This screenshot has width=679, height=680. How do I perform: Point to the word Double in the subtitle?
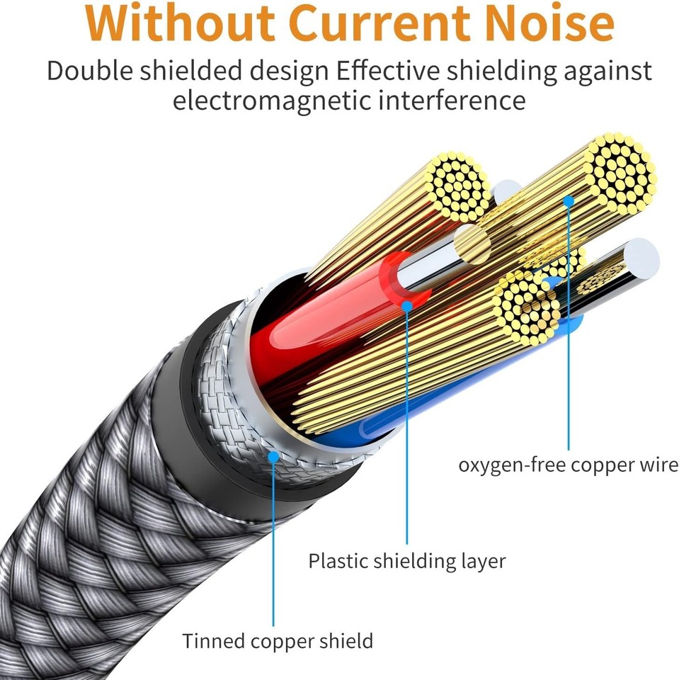pos(90,72)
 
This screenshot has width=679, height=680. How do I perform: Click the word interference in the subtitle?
pos(452,100)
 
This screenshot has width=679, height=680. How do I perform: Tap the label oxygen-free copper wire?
pos(568,465)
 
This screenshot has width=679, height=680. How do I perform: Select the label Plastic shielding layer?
pos(406,561)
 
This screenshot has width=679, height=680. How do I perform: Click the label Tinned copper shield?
pos(277,641)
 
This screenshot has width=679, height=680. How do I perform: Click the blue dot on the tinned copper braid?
pos(273,457)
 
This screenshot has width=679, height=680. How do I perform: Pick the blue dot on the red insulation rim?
pos(406,305)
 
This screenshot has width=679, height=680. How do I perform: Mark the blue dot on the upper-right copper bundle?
pos(568,201)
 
